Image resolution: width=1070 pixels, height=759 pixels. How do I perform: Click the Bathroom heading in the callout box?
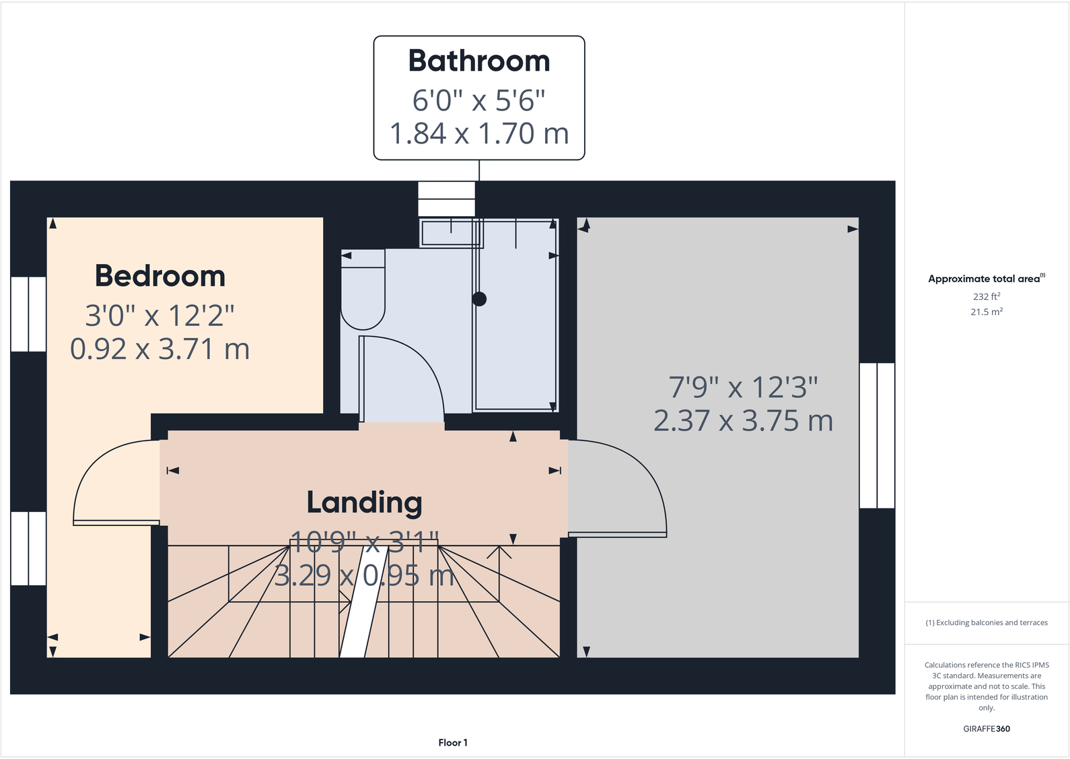[479, 61]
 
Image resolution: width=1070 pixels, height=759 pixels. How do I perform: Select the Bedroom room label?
[160, 276]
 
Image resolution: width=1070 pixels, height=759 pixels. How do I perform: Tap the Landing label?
[365, 502]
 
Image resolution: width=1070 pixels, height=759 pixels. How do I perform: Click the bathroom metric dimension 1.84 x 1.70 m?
[479, 133]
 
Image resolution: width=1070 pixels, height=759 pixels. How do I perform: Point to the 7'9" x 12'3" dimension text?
[743, 387]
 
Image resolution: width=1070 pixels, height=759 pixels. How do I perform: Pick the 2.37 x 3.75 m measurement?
[743, 421]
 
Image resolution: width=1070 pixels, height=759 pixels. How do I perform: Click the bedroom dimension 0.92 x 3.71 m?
[160, 349]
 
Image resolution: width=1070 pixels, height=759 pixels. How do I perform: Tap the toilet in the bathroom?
[363, 290]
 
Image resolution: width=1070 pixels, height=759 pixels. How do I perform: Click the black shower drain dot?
[479, 299]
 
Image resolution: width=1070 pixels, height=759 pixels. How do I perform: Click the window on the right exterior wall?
[877, 435]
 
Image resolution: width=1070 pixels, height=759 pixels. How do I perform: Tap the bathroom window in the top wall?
[446, 199]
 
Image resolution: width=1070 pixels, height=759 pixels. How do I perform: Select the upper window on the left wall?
[28, 314]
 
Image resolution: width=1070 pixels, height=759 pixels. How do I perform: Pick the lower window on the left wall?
[28, 548]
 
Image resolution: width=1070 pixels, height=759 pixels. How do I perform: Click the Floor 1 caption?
[453, 743]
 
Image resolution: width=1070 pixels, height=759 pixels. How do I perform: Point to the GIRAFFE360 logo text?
[986, 729]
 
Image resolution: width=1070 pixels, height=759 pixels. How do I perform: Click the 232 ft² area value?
[986, 296]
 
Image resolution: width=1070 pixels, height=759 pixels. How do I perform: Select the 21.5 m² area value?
[986, 312]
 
